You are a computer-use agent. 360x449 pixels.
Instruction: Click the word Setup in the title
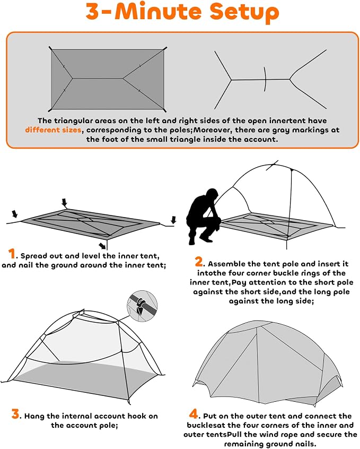[x=244, y=12]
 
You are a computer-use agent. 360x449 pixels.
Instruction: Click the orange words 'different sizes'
[x=53, y=130]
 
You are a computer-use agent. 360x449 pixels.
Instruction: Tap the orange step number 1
[x=12, y=254]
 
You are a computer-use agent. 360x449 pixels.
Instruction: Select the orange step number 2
[x=199, y=262]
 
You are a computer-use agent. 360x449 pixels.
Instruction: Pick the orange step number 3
[x=15, y=414]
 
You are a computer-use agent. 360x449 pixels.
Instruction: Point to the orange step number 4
[x=194, y=414]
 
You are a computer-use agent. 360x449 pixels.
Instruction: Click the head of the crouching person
[x=212, y=195]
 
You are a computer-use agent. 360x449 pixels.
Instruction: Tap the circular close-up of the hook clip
[x=142, y=306]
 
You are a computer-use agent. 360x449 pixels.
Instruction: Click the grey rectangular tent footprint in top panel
[x=108, y=79]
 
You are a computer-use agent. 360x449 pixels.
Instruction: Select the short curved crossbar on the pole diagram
[x=266, y=79]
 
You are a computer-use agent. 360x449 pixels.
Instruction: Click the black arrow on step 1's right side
[x=173, y=220]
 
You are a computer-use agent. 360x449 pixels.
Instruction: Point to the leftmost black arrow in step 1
[x=15, y=213]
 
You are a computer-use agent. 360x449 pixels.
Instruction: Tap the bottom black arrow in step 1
[x=102, y=245]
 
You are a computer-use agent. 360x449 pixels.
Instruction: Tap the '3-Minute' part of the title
[x=145, y=11]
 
